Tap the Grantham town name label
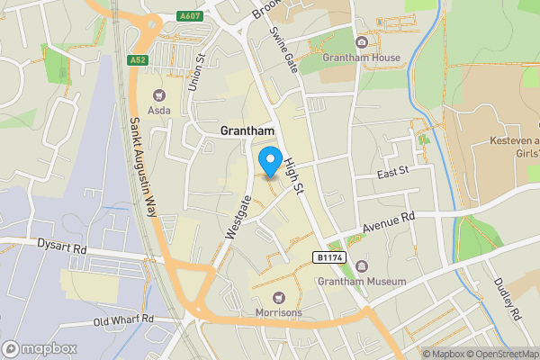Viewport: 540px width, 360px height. pyautogui.click(x=247, y=130)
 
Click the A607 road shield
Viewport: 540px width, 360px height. pyautogui.click(x=190, y=15)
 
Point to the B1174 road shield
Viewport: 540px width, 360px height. pyautogui.click(x=329, y=257)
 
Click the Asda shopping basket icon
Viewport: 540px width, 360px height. pyautogui.click(x=160, y=94)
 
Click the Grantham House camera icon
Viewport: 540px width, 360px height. pyautogui.click(x=362, y=42)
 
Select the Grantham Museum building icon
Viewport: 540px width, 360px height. pyautogui.click(x=361, y=266)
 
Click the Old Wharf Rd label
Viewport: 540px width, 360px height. pyautogui.click(x=124, y=319)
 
